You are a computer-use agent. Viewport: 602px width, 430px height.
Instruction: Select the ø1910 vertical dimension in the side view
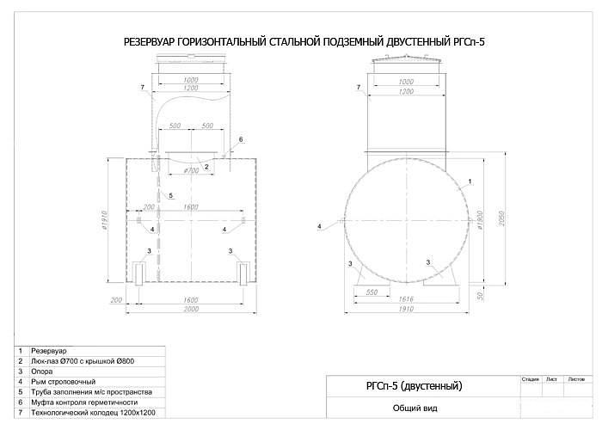[x=106, y=221]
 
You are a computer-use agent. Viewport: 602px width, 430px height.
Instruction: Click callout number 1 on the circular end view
[x=470, y=182]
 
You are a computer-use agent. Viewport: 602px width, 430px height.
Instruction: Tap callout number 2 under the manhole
[x=206, y=165]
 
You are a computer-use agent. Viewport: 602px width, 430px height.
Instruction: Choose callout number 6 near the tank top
[x=241, y=138]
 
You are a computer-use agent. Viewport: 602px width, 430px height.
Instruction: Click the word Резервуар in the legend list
[x=47, y=352]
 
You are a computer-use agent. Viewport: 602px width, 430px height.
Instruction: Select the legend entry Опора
[x=42, y=372]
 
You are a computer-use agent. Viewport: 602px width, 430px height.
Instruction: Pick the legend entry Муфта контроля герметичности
[x=83, y=402]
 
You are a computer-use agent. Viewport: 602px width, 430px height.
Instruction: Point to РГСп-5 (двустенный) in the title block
[x=408, y=385]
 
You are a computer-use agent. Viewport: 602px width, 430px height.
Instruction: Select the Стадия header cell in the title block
[x=530, y=378]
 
